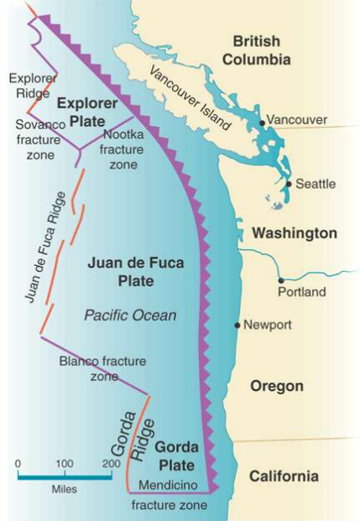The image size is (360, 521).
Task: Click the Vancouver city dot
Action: [x=263, y=122]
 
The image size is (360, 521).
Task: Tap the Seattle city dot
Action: [x=289, y=184]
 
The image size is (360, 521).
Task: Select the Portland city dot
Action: [x=281, y=280]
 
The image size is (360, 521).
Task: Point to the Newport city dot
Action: [x=237, y=325]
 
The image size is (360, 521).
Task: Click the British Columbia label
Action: [x=262, y=49]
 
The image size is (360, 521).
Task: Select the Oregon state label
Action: [x=276, y=386]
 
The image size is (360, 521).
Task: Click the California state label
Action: [x=284, y=477]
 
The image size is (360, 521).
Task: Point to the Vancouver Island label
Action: [x=189, y=96]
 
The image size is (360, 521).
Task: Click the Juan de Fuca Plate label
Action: [x=135, y=272]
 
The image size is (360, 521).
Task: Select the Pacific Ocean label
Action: [x=130, y=315]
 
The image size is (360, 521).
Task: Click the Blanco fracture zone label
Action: [x=102, y=369]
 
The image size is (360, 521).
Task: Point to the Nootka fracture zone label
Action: [x=128, y=149]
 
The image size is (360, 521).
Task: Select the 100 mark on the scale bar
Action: [x=64, y=463]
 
